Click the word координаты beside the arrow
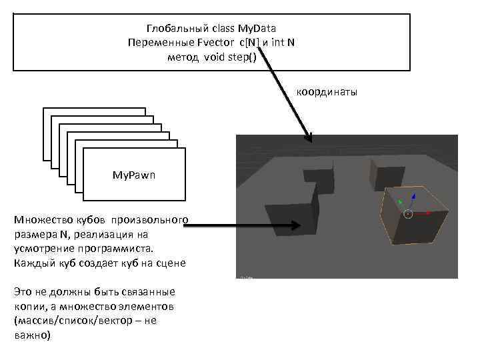click(327, 91)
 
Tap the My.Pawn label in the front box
click(133, 175)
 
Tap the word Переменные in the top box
click(153, 43)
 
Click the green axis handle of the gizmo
click(399, 201)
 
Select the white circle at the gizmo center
click(408, 213)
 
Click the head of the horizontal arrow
click(270, 227)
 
